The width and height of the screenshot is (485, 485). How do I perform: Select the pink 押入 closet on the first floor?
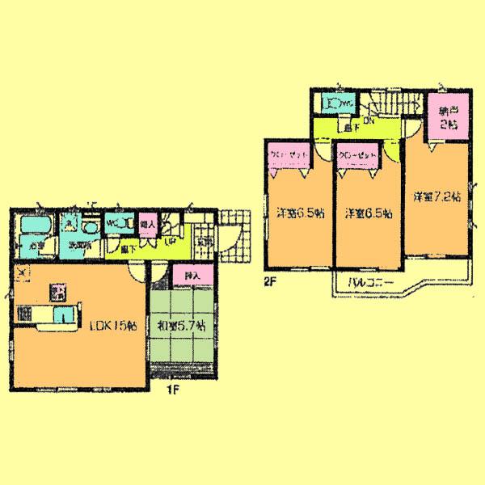192,276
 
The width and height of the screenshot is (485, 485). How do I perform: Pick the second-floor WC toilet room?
336,103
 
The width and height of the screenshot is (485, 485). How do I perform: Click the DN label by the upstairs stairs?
367,121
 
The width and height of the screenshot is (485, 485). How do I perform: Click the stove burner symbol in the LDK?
59,287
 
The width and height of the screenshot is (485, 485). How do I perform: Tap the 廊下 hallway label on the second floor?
349,128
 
